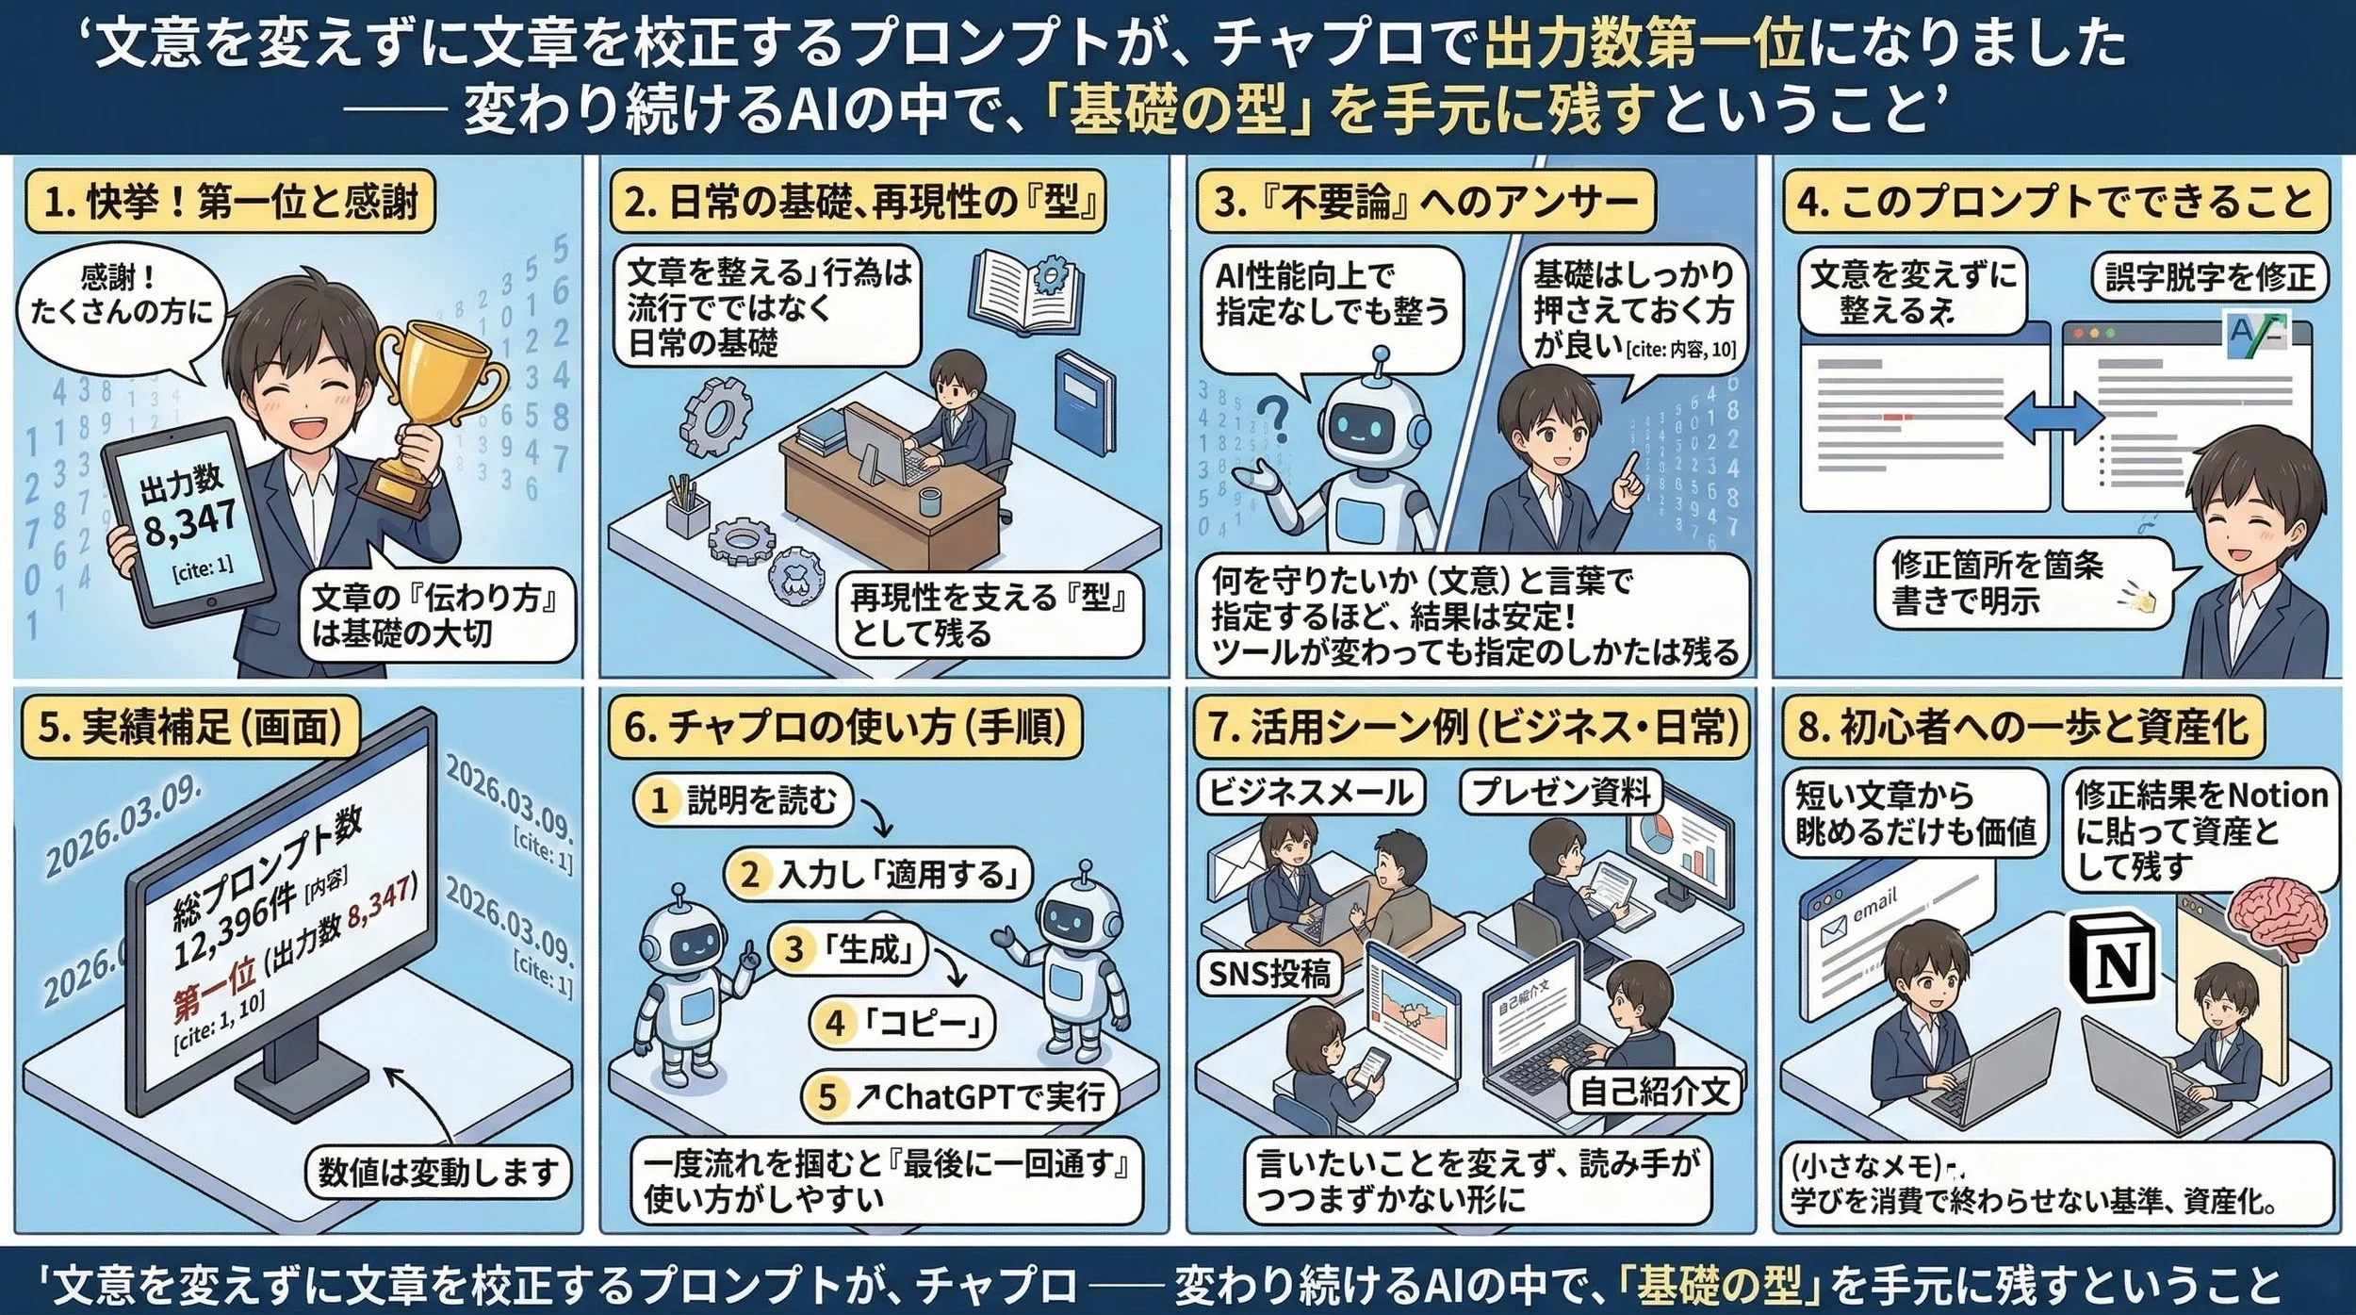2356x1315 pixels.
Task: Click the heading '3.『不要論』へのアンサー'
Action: click(x=1425, y=202)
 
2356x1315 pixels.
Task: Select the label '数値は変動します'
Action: click(x=438, y=1173)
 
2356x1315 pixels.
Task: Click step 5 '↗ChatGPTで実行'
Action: click(x=961, y=1097)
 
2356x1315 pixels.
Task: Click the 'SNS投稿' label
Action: click(x=1269, y=973)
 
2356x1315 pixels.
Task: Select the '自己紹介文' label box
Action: click(x=1654, y=1092)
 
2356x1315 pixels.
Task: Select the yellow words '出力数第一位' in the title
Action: click(x=1644, y=44)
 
